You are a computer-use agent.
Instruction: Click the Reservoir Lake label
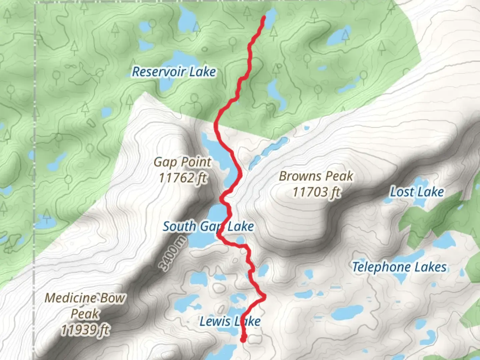174,72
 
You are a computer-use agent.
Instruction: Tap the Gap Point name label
182,162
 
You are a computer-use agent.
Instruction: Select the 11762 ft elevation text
182,178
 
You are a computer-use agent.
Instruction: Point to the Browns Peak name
316,176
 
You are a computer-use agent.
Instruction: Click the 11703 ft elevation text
316,192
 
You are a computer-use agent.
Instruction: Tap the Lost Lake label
417,192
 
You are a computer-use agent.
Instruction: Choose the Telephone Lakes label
399,267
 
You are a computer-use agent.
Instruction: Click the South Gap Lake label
208,227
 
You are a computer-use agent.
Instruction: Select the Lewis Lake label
230,321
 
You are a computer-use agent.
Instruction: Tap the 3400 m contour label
172,253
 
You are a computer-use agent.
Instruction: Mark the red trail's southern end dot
243,339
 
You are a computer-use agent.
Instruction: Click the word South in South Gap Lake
179,227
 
